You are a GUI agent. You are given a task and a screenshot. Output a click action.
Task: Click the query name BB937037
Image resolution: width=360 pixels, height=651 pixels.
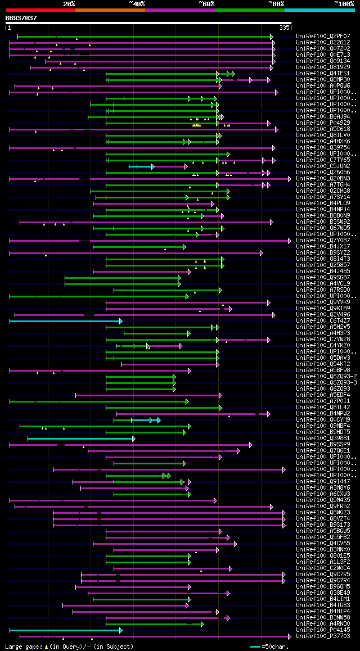pyautogui.click(x=21, y=18)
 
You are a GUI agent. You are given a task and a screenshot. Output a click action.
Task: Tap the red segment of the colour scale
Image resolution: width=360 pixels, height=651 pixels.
pyautogui.click(x=40, y=10)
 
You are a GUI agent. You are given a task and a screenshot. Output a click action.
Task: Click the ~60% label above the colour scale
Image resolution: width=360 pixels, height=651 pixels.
pyautogui.click(x=206, y=4)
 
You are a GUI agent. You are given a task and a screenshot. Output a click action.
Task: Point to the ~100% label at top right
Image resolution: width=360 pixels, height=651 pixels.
pyautogui.click(x=344, y=4)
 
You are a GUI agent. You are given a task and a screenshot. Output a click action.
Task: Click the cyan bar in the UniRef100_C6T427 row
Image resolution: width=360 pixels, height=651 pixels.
pyautogui.click(x=65, y=321)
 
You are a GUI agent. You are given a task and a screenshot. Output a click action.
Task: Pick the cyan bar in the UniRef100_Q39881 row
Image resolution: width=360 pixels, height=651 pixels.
pyautogui.click(x=80, y=438)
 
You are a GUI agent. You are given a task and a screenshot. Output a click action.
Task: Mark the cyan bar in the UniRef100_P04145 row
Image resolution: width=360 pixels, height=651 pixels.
pyautogui.click(x=65, y=630)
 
